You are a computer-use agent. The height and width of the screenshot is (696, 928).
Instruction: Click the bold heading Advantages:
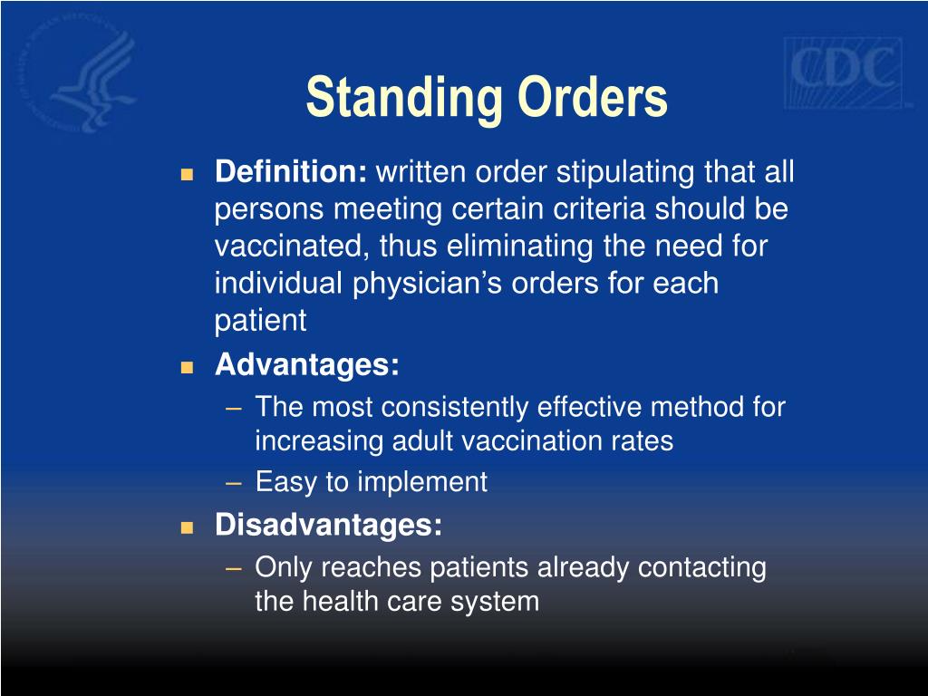(307, 365)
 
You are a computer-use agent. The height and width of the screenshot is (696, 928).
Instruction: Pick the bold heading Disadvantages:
(329, 525)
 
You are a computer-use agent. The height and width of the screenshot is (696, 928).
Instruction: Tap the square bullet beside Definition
(188, 173)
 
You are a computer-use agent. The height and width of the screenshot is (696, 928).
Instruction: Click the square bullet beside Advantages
(188, 367)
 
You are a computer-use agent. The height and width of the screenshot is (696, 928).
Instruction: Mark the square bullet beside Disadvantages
(188, 527)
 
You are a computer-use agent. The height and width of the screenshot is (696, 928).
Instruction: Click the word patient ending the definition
(261, 320)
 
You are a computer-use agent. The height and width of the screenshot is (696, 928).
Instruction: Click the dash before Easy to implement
(235, 482)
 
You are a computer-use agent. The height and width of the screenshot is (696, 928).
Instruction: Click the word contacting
(702, 567)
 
